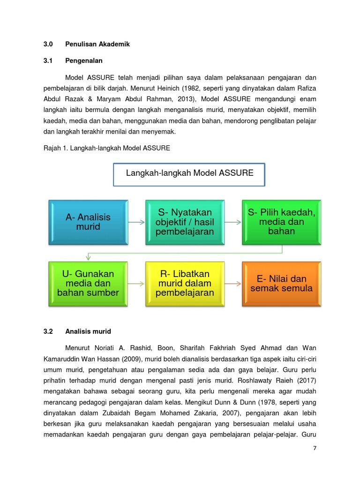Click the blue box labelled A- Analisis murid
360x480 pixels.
click(x=88, y=223)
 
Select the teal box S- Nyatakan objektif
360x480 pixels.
click(x=185, y=223)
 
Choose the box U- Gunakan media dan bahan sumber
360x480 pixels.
click(x=88, y=284)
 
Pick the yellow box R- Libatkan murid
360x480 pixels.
click(x=185, y=284)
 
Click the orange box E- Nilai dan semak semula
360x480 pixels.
click(x=282, y=284)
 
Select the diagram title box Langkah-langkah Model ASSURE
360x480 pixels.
click(x=189, y=174)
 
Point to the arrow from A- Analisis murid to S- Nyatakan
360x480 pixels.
click(x=136, y=223)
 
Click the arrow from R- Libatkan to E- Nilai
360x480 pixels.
click(x=233, y=284)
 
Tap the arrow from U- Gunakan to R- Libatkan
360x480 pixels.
click(x=136, y=284)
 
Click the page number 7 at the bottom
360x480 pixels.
click(x=315, y=448)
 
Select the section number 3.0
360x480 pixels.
click(x=48, y=44)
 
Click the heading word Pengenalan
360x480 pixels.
click(x=84, y=60)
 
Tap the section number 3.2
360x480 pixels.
click(x=48, y=331)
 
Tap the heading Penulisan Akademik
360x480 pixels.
click(x=97, y=44)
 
